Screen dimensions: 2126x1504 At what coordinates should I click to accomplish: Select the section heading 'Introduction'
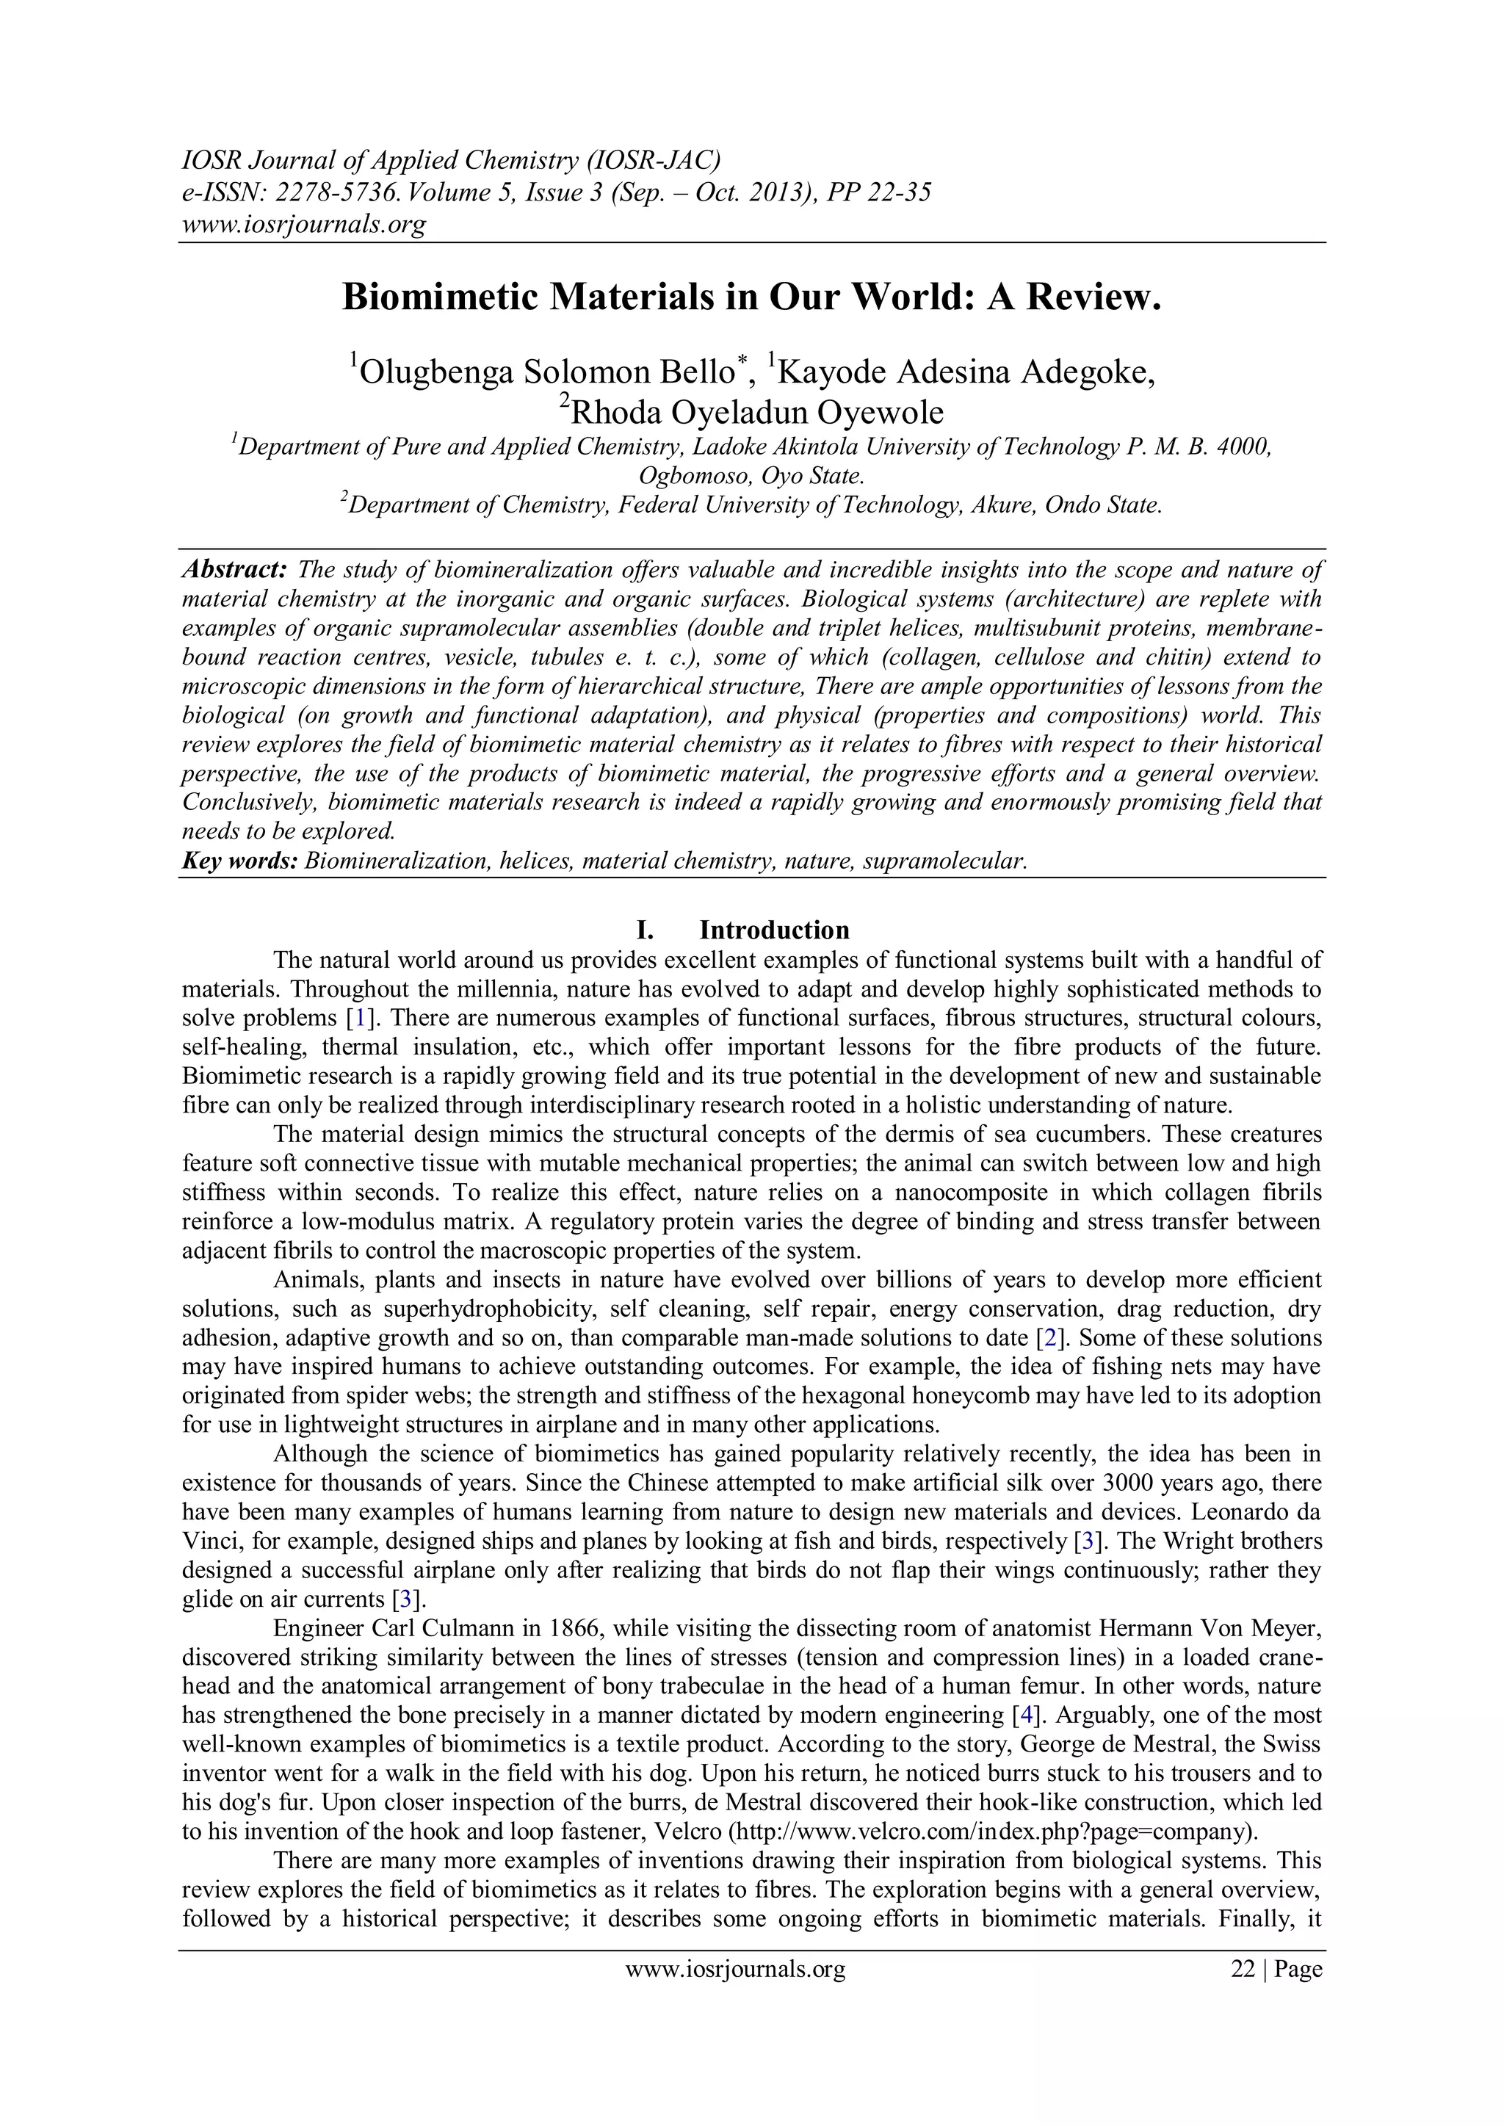tap(774, 930)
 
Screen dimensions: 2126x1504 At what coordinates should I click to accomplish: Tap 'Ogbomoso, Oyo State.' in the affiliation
tap(752, 476)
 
